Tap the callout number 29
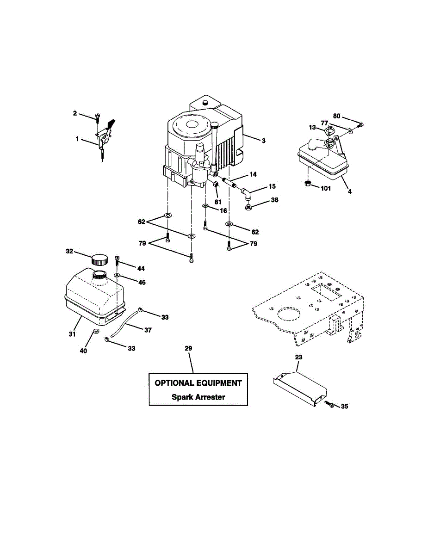[x=188, y=348]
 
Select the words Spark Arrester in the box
[x=198, y=397]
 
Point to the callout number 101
[x=326, y=188]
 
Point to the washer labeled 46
[x=118, y=276]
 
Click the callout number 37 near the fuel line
[x=148, y=330]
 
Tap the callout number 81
[x=217, y=202]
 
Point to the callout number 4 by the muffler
[x=349, y=191]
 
